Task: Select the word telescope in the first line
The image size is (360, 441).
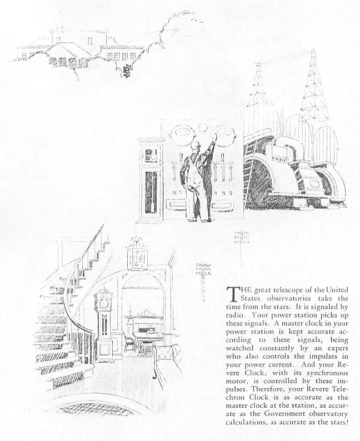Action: (278, 289)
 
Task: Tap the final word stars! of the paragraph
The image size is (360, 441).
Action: (337, 424)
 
